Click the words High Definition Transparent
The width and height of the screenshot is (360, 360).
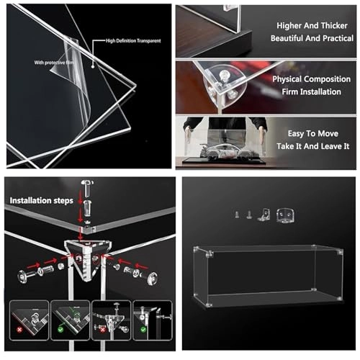pyautogui.click(x=133, y=41)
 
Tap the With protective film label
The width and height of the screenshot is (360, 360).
pyautogui.click(x=54, y=63)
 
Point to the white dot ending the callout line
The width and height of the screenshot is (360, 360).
pyautogui.click(x=93, y=67)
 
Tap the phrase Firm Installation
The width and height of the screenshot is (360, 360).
pyautogui.click(x=311, y=91)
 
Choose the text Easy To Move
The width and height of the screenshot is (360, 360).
pyautogui.click(x=313, y=133)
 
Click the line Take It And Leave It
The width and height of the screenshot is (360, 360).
pyautogui.click(x=312, y=146)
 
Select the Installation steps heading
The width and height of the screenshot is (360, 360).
pyautogui.click(x=41, y=200)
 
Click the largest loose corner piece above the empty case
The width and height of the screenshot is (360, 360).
pyautogui.click(x=285, y=215)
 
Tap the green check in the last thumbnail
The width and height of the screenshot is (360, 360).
pyautogui.click(x=143, y=329)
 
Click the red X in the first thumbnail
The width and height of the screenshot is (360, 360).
pyautogui.click(x=19, y=330)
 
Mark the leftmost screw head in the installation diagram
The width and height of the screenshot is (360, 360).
pyautogui.click(x=23, y=276)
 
